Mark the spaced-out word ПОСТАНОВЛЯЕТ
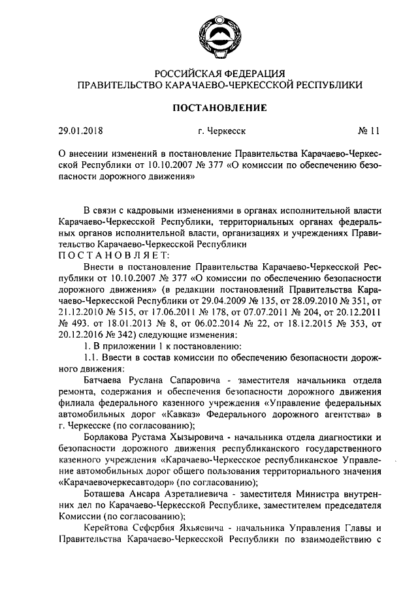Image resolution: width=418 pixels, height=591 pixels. tap(114, 254)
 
